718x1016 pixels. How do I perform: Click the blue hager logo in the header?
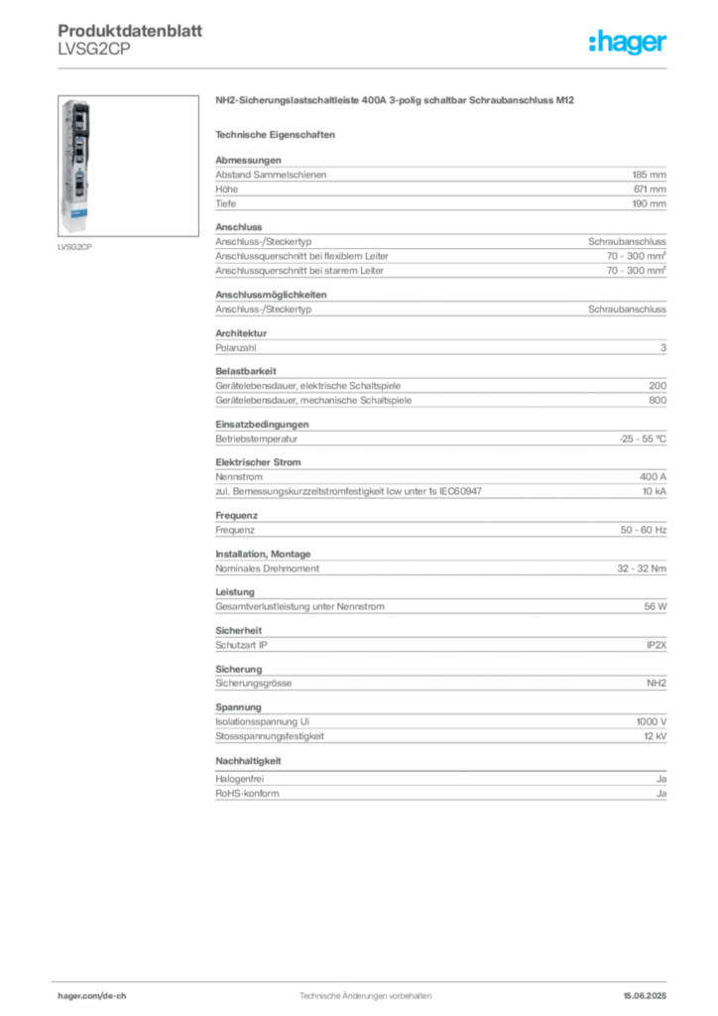(629, 44)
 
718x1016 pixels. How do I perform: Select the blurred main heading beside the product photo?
(396, 101)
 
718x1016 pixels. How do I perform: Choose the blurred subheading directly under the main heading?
(279, 134)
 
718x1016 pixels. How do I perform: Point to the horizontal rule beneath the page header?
(367, 67)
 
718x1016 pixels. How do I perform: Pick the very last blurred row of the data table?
(440, 789)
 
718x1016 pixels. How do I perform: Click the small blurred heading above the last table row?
(250, 762)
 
